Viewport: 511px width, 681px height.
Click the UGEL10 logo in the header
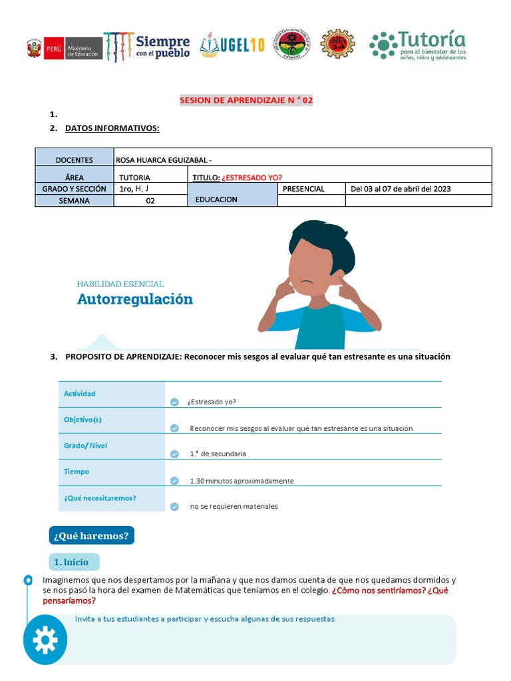233,45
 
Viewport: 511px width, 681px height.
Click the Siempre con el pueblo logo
147,46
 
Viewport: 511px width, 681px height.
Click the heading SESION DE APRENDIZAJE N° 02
246,100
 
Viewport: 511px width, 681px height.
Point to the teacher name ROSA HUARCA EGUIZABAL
164,160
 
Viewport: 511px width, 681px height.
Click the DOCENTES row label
75,160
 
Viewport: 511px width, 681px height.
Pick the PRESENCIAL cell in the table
303,189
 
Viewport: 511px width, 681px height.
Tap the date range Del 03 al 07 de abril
401,189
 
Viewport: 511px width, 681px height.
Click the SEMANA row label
74,200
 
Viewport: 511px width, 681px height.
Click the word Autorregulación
135,299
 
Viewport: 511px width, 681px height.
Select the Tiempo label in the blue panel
77,472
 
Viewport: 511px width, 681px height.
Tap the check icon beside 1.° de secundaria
174,454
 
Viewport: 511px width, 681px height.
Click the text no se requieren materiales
234,506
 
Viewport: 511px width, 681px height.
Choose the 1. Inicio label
75,562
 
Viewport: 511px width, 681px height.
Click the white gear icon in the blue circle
45,640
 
